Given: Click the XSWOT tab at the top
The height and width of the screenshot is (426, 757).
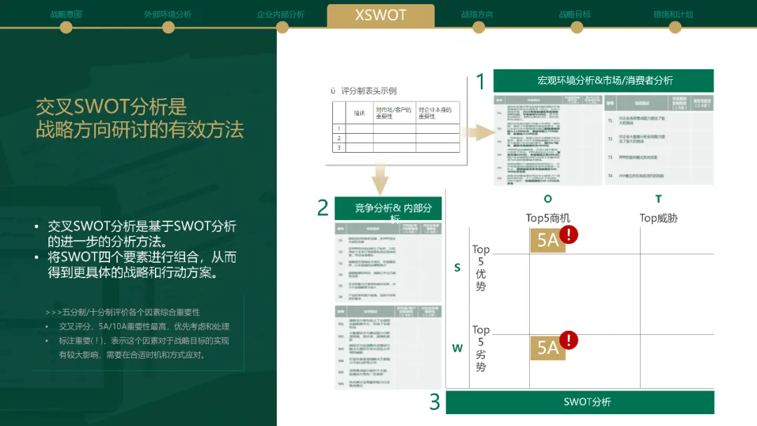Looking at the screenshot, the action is click(381, 15).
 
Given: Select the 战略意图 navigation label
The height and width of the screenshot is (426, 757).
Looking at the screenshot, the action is click(65, 14).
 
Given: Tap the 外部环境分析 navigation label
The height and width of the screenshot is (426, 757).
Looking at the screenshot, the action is click(168, 14).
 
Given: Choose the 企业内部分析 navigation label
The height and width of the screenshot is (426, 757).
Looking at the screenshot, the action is click(280, 14).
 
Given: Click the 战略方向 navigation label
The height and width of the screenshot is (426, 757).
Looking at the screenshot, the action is click(477, 14).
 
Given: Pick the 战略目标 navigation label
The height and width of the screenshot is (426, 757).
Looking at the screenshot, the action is click(575, 14).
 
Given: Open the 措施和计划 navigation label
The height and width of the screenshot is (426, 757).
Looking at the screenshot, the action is click(673, 14).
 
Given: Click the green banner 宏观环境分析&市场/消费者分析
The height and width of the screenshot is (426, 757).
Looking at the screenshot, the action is click(603, 81).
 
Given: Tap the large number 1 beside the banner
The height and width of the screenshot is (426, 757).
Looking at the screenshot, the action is click(480, 82).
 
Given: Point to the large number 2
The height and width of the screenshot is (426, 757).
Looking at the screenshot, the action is click(322, 208).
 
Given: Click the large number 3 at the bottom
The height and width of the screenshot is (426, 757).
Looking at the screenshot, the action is click(435, 402).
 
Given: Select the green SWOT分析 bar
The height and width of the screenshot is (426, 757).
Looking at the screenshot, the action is click(580, 402).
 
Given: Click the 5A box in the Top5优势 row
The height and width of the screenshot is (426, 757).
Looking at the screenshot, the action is click(547, 240).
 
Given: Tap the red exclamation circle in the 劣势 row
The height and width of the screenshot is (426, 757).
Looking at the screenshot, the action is click(568, 341).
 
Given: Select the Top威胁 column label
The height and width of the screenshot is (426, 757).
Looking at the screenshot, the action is click(658, 218).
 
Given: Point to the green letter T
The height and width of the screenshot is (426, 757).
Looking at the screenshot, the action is click(658, 199).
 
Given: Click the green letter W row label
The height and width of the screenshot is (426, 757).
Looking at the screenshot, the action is click(457, 348).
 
